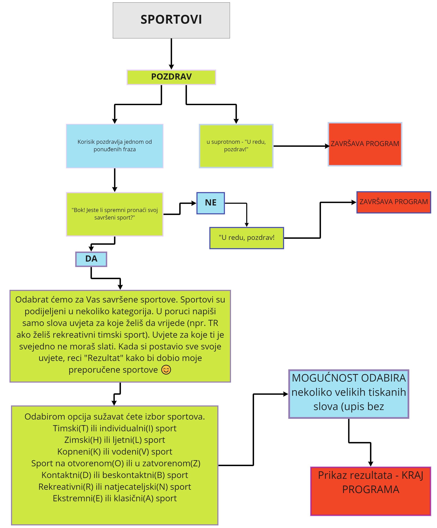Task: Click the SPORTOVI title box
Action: [171, 20]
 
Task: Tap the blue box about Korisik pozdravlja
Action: [115, 146]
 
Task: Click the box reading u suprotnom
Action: [236, 146]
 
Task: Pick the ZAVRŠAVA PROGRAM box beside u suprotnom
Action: [365, 144]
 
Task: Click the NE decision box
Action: [211, 203]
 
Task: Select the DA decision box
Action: [91, 259]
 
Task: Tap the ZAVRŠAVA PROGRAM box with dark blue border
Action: [394, 202]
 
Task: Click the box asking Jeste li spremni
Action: [115, 214]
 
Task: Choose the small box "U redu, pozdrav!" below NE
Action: [247, 238]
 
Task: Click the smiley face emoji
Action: [166, 370]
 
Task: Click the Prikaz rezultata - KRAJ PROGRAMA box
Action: [371, 491]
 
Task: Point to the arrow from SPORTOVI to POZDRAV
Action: [171, 54]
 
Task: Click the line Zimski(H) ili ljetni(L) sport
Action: [115, 440]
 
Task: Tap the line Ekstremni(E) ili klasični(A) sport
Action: [115, 498]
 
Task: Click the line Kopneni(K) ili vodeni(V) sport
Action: [115, 452]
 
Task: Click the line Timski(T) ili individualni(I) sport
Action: [115, 428]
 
